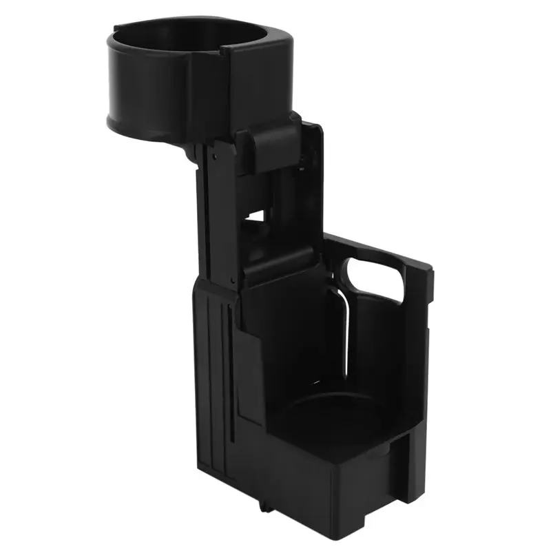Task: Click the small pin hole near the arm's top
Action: point(216,157)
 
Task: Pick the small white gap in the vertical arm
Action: point(255,216)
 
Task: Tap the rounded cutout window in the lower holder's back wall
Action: point(375,279)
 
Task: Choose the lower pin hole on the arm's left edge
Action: point(235,280)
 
